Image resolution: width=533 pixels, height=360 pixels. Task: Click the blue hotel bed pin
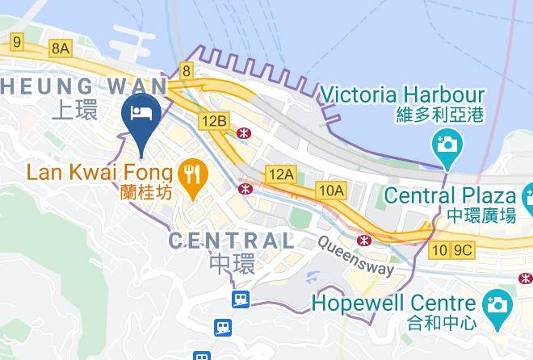(x=142, y=114)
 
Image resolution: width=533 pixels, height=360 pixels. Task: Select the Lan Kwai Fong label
(x=99, y=172)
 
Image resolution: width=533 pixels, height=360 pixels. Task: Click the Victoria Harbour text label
(x=402, y=95)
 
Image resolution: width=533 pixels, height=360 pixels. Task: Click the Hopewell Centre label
(x=393, y=304)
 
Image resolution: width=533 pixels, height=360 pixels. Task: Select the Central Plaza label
(x=449, y=195)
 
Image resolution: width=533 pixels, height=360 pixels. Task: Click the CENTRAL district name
(x=231, y=240)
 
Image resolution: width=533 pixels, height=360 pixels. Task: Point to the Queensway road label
(x=356, y=256)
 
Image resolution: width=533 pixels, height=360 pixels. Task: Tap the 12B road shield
(x=215, y=121)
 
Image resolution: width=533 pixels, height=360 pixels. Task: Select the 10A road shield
(x=331, y=190)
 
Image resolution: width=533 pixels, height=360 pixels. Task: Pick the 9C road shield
(x=462, y=250)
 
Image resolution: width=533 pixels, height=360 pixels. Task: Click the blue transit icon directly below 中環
(x=240, y=299)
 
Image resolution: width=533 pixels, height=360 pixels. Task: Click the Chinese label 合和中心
(x=418, y=325)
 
